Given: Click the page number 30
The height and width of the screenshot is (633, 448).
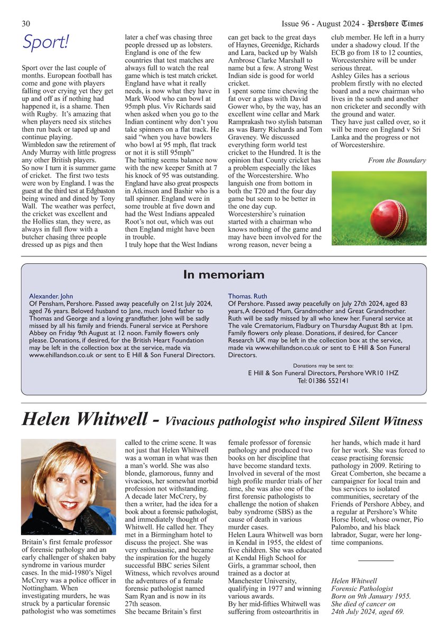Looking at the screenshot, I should click(x=26, y=24).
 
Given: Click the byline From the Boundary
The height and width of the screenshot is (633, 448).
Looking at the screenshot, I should click(x=397, y=160).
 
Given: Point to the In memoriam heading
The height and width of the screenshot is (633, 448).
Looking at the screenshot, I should click(x=223, y=275).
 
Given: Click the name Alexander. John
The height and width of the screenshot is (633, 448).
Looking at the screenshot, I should click(x=51, y=296).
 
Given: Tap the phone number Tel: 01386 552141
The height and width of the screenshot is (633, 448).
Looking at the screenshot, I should click(x=323, y=380).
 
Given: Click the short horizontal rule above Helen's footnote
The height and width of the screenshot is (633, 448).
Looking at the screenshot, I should click(x=376, y=560).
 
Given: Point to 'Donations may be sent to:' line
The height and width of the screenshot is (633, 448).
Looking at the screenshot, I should click(x=323, y=365).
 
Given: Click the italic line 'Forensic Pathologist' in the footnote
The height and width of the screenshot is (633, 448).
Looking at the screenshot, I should click(x=362, y=588).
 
